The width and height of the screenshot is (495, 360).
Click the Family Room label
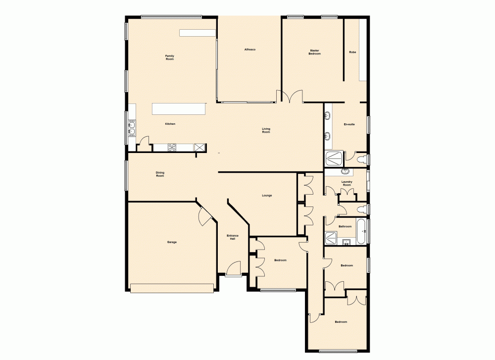tap(170, 57)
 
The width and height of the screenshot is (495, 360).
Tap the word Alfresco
tap(249, 50)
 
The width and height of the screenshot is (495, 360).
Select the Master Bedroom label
tap(315, 51)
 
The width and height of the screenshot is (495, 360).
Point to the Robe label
tap(352, 52)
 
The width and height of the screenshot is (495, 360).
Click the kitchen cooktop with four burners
tap(172, 147)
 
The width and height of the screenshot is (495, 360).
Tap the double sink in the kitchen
tap(132, 128)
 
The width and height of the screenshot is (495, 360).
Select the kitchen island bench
tap(179, 108)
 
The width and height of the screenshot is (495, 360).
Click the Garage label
tap(172, 242)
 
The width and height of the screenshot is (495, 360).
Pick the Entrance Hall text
tap(233, 237)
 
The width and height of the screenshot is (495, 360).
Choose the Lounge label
tap(267, 196)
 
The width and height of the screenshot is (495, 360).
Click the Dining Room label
tap(160, 174)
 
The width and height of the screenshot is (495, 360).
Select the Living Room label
tap(266, 131)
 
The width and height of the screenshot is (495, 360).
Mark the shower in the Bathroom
tap(331, 239)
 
